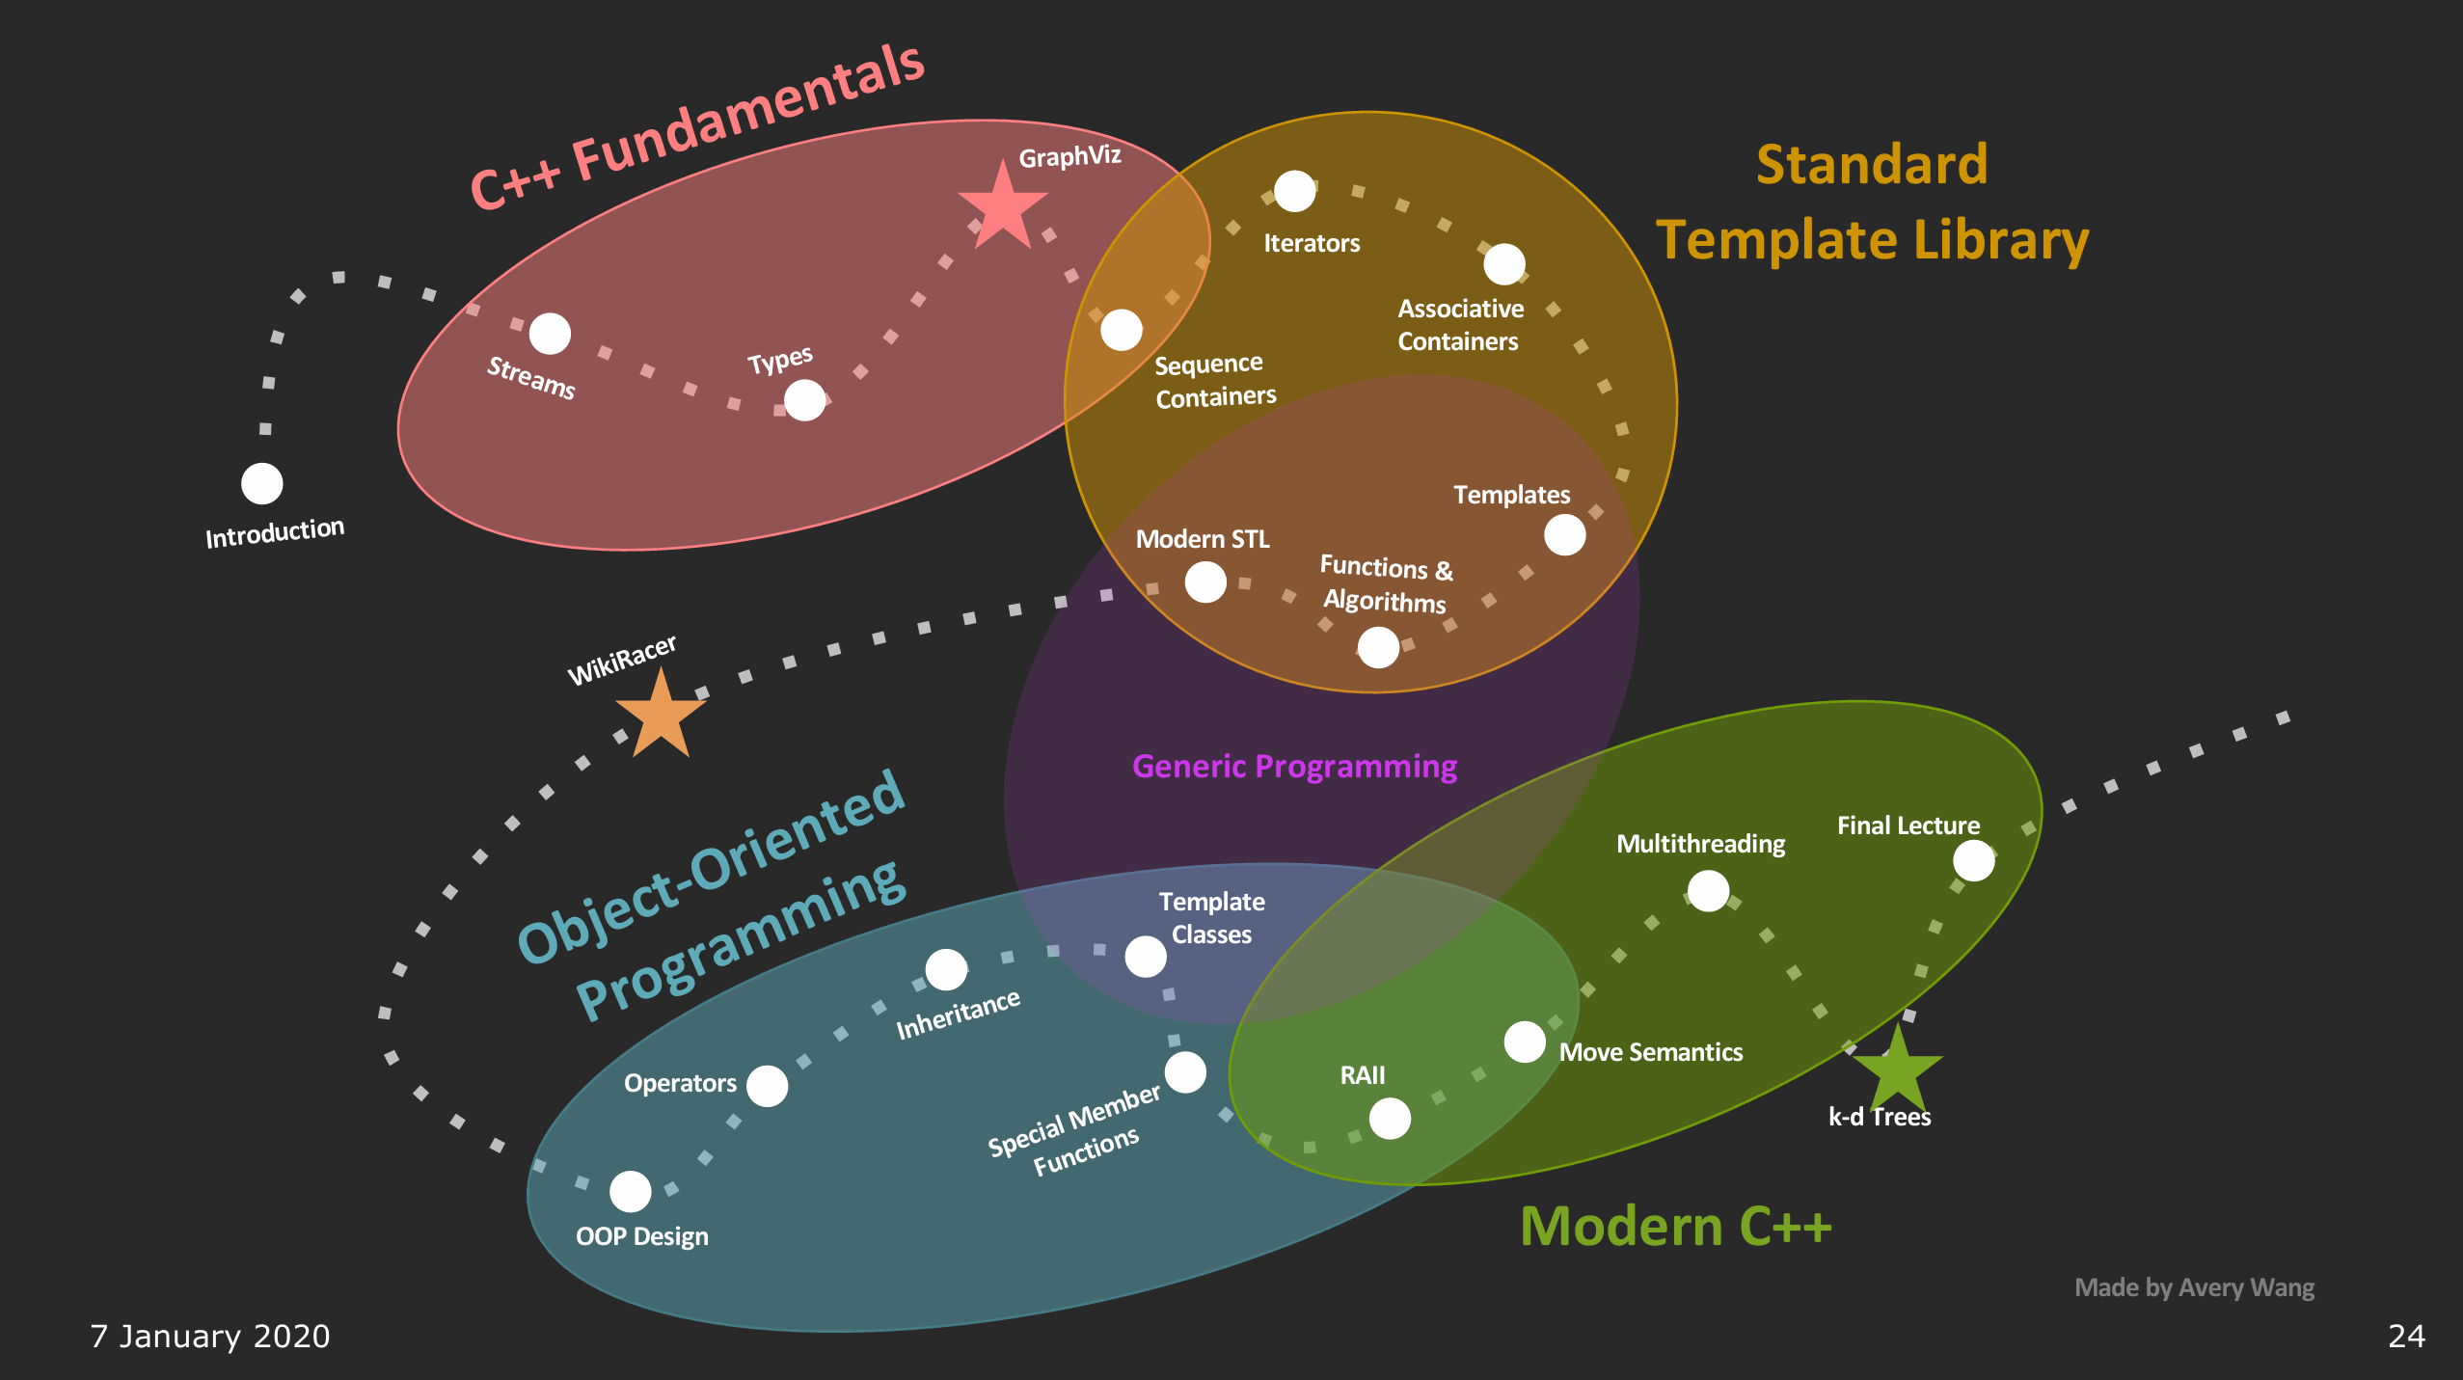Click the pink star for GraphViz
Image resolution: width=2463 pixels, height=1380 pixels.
tap(1002, 208)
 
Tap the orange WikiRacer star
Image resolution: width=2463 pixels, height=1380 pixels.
tap(661, 717)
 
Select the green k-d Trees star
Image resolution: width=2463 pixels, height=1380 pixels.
tap(1897, 1069)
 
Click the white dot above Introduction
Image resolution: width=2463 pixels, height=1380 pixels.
tap(261, 483)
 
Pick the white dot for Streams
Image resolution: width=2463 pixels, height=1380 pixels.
tap(550, 334)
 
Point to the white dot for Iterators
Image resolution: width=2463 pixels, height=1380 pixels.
tap(1294, 191)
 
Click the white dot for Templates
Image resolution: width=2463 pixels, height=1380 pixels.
tap(1564, 534)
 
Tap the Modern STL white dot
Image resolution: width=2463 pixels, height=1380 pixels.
tap(1205, 582)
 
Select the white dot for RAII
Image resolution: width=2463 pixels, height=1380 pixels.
tap(1390, 1119)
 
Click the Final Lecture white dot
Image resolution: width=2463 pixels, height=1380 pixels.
tap(1973, 860)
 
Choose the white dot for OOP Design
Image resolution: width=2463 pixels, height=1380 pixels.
tap(630, 1192)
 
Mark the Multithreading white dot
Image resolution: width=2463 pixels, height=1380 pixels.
tap(1708, 890)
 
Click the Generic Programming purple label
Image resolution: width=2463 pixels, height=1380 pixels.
tap(1294, 766)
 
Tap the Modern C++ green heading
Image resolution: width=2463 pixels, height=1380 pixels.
tap(1675, 1227)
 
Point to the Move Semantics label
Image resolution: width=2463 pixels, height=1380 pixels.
tap(1650, 1052)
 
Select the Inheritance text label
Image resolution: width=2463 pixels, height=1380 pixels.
tap(958, 1015)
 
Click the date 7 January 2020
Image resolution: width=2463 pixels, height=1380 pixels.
tap(210, 1336)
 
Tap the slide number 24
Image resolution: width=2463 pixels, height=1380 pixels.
tap(2406, 1336)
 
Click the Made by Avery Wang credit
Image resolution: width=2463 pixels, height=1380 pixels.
tap(2194, 1287)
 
